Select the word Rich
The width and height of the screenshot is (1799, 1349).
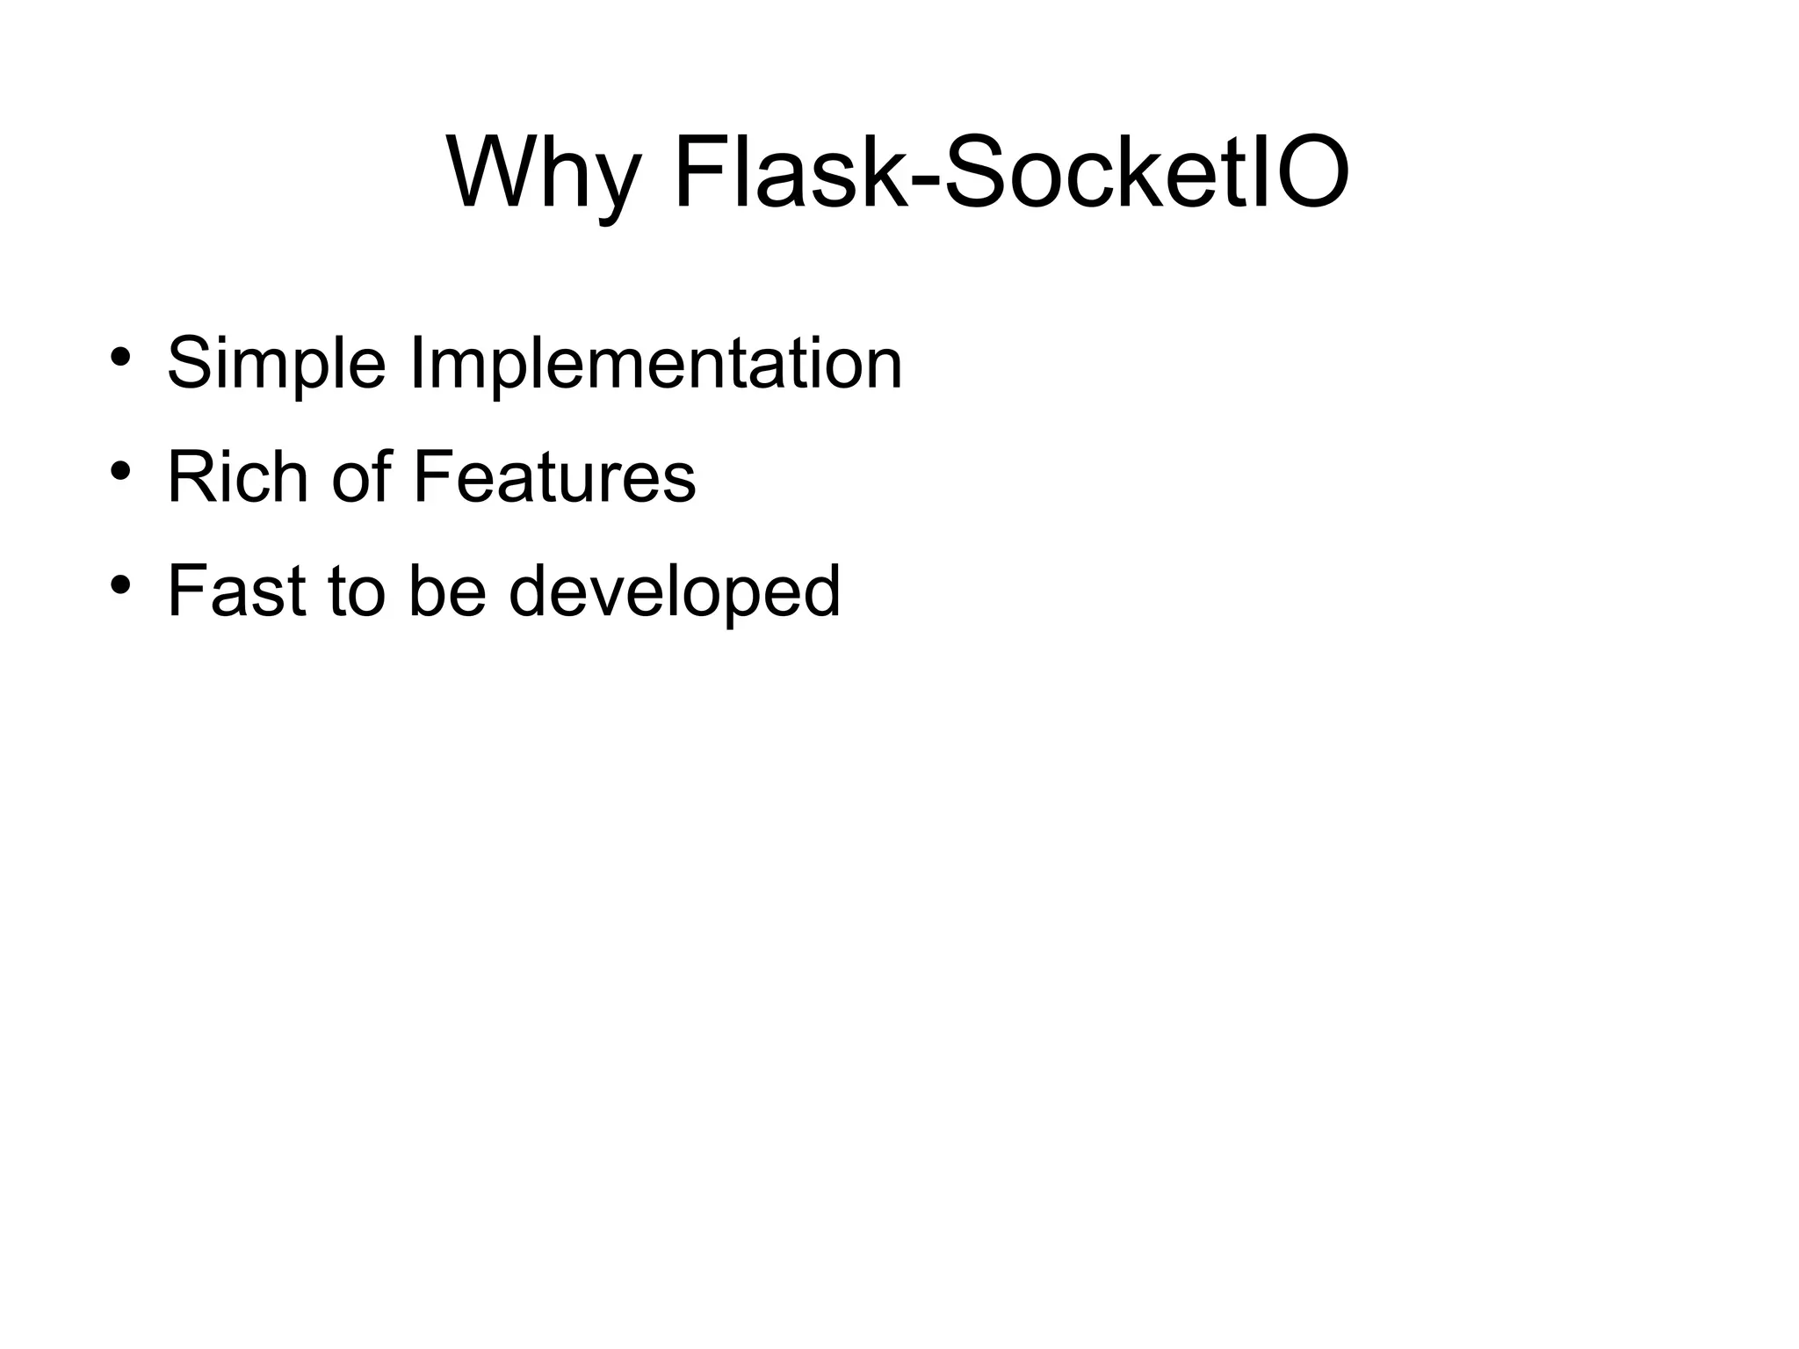click(237, 476)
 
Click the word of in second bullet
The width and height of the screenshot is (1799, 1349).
click(360, 476)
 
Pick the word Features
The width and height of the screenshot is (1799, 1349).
click(553, 476)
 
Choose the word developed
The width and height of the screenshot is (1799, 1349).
click(675, 591)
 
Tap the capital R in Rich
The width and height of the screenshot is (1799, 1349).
click(191, 476)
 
